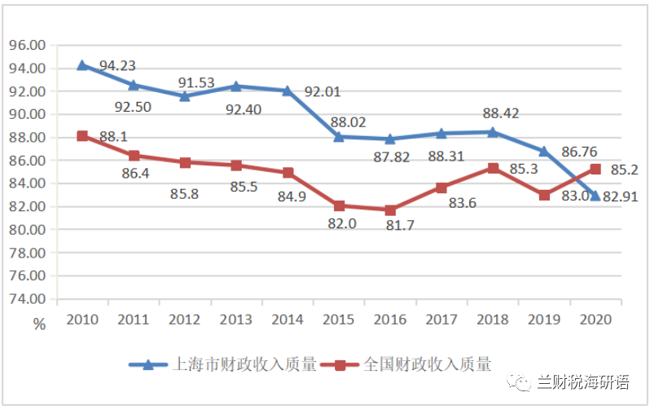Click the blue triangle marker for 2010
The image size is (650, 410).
(82, 65)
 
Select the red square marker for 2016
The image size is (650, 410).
(390, 210)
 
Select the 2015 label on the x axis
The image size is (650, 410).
(339, 319)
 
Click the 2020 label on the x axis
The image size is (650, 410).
(595, 319)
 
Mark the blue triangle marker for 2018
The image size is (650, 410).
(493, 132)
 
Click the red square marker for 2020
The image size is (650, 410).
(595, 170)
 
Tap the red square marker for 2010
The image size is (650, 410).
(82, 136)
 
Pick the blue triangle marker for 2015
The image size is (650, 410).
(339, 137)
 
